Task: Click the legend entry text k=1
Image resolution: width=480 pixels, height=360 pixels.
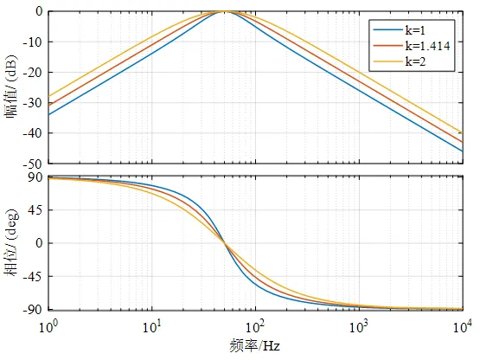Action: click(415, 30)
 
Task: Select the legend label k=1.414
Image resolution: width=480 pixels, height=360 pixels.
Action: click(427, 46)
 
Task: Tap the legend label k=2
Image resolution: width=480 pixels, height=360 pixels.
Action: click(415, 61)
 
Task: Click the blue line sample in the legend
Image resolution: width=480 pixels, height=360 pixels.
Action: click(387, 29)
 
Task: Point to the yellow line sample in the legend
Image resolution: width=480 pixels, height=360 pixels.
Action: click(387, 61)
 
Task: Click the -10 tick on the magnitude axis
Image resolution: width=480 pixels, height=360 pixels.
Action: click(34, 42)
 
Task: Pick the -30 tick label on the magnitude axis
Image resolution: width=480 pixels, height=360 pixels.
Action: click(34, 103)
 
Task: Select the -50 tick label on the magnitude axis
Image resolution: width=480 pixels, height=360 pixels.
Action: click(34, 164)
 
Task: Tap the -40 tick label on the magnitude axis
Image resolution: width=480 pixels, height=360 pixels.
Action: click(34, 133)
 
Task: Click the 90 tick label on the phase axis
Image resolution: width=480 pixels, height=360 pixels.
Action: click(35, 177)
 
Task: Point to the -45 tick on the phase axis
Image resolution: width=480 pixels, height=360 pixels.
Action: click(34, 276)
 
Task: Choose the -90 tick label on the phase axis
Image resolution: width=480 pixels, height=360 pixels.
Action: click(34, 310)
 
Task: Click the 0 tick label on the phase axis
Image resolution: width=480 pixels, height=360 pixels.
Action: click(39, 243)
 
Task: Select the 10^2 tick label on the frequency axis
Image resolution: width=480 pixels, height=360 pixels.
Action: click(255, 326)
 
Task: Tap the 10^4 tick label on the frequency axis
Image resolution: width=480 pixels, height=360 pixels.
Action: click(462, 326)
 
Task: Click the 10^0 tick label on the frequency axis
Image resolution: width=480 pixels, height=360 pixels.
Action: click(48, 326)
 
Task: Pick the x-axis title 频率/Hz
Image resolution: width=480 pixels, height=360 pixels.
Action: click(254, 346)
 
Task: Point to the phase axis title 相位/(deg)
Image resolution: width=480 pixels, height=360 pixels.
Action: click(11, 242)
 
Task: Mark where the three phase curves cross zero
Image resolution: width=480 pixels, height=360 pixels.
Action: click(226, 243)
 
